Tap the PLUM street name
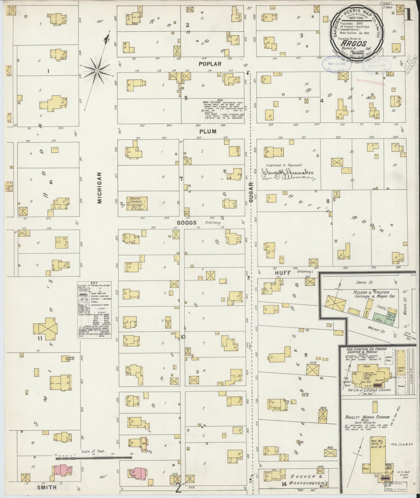tap(208, 131)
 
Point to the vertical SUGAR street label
tap(251, 191)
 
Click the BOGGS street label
tap(187, 223)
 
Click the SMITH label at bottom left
tap(46, 487)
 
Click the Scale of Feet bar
tap(93, 466)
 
